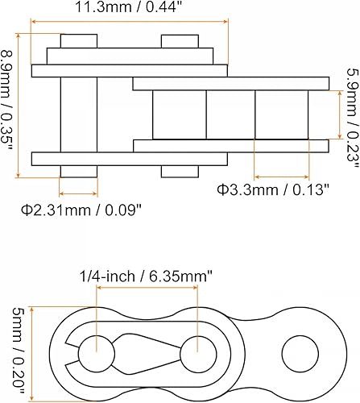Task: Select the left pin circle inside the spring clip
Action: [96, 351]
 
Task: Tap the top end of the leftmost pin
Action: [79, 40]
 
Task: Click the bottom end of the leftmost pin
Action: [79, 170]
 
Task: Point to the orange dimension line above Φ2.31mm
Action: [79, 193]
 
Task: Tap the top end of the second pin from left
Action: [179, 40]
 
